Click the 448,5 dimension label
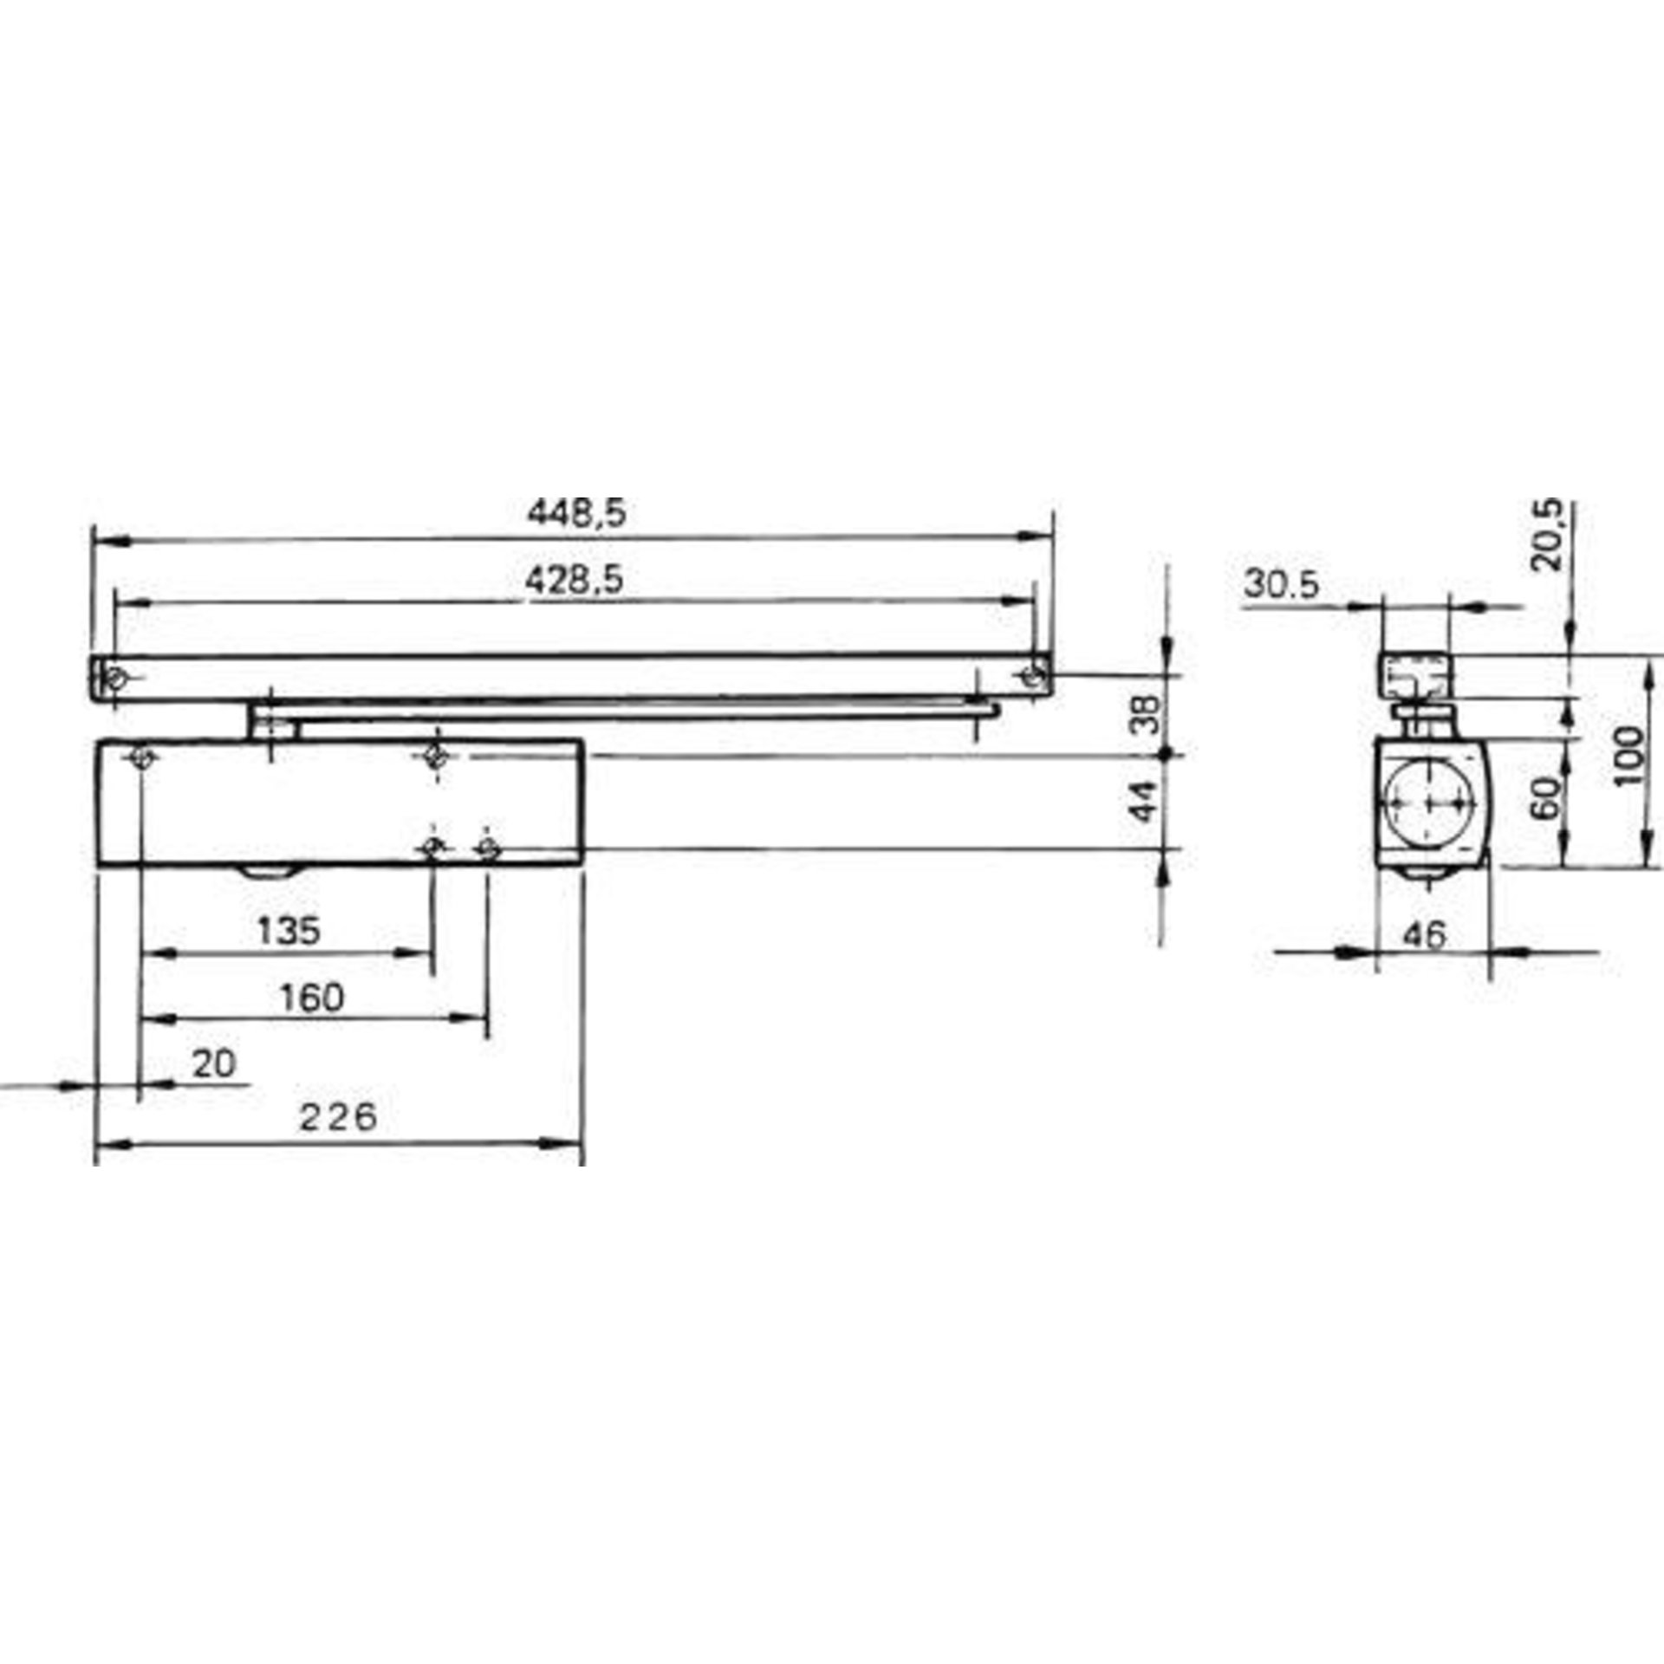coord(576,514)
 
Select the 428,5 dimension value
coord(575,580)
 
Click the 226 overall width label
coord(338,1117)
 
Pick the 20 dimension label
coord(213,1063)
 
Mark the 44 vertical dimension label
coord(1145,801)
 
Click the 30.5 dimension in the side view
coord(1281,586)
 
